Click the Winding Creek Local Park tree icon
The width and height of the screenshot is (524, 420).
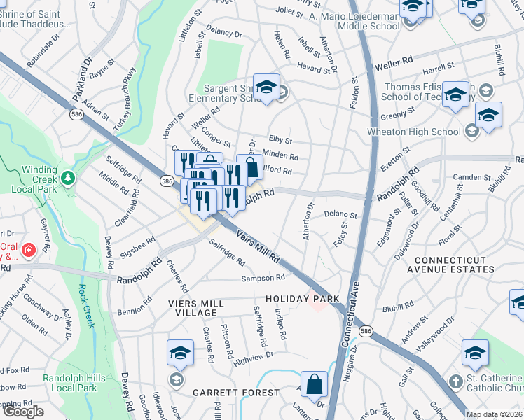pyautogui.click(x=67, y=178)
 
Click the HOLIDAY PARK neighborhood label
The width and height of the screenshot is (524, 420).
pyautogui.click(x=303, y=299)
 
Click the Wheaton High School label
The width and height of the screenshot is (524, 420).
pyautogui.click(x=414, y=132)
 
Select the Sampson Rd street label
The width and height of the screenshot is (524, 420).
pyautogui.click(x=262, y=278)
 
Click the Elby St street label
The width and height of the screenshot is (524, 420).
pyautogui.click(x=280, y=140)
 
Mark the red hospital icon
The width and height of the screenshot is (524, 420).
pyautogui.click(x=29, y=249)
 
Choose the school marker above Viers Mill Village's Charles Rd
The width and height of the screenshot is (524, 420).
pyautogui.click(x=180, y=353)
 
